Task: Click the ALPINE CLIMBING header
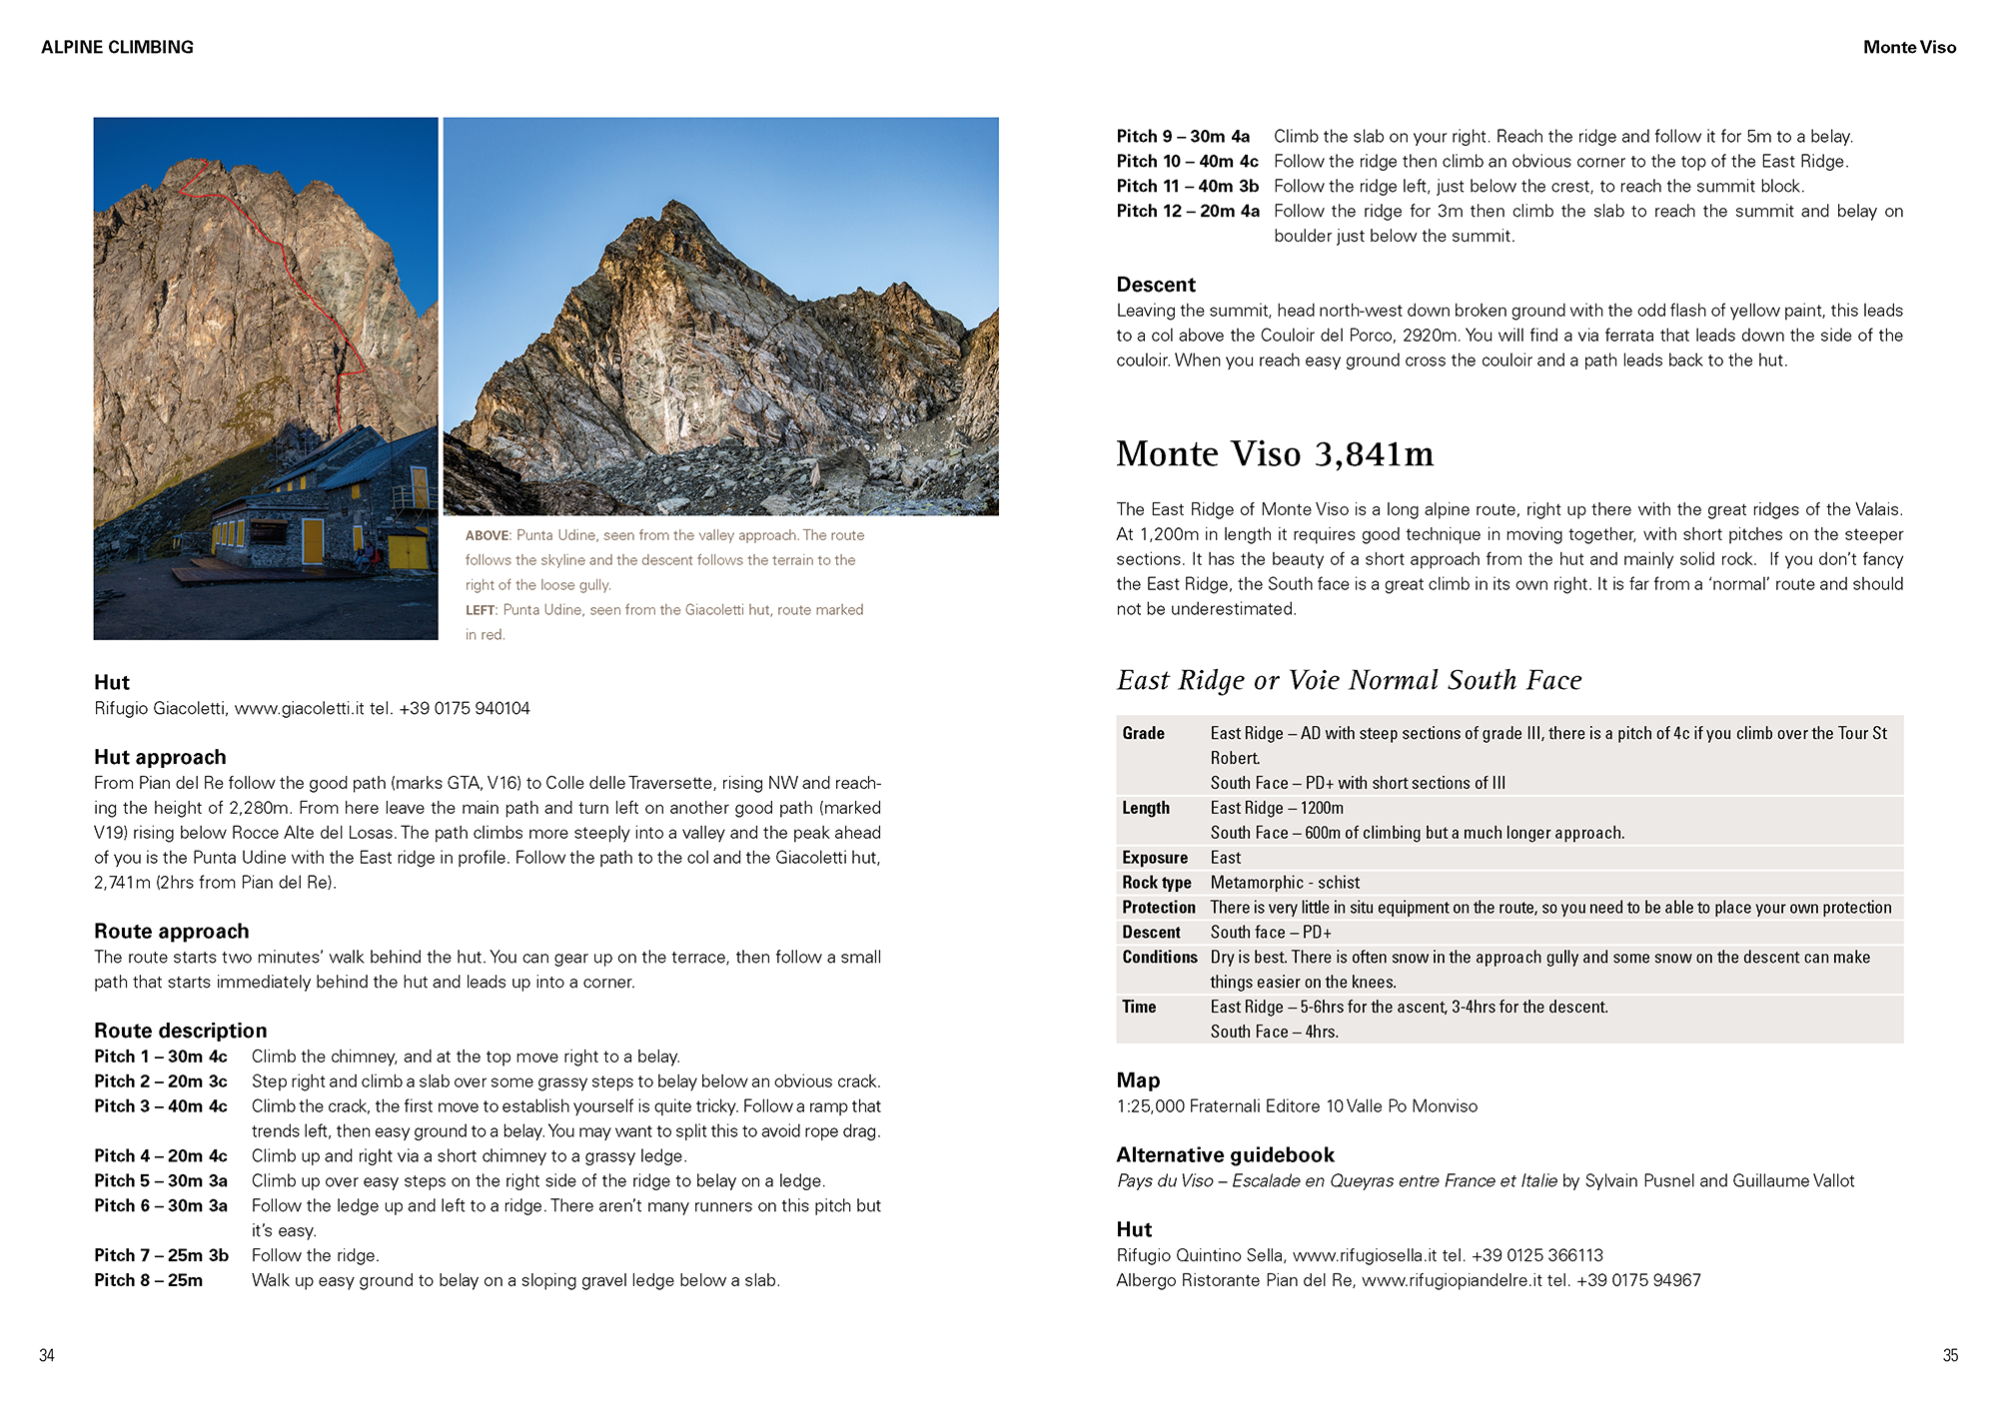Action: pyautogui.click(x=117, y=47)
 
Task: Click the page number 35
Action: pyautogui.click(x=1950, y=1355)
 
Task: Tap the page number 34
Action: pyautogui.click(x=47, y=1355)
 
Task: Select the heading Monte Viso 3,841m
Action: pyautogui.click(x=1274, y=454)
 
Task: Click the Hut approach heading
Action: pyautogui.click(x=160, y=757)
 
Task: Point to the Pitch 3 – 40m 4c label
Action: pyautogui.click(x=161, y=1106)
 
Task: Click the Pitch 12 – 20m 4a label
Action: pyautogui.click(x=1187, y=212)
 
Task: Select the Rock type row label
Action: pyautogui.click(x=1156, y=883)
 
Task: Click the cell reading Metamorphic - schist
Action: pyautogui.click(x=1285, y=883)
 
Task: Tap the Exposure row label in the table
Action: pyautogui.click(x=1154, y=858)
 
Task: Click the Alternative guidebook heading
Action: pyautogui.click(x=1225, y=1155)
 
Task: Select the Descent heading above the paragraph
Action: pyautogui.click(x=1156, y=285)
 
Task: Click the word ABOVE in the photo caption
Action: pyautogui.click(x=488, y=536)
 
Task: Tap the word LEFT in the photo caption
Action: pyautogui.click(x=480, y=610)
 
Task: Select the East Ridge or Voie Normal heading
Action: pyautogui.click(x=1349, y=681)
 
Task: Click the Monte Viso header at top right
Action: pyautogui.click(x=1909, y=47)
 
